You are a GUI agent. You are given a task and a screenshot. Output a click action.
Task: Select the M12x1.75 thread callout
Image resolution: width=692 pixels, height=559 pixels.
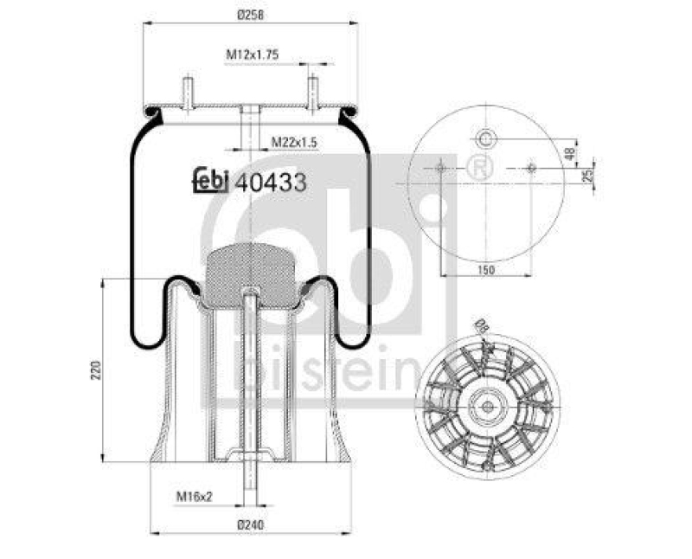click(252, 55)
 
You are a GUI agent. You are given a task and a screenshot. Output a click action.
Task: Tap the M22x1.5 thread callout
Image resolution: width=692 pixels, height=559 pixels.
click(292, 141)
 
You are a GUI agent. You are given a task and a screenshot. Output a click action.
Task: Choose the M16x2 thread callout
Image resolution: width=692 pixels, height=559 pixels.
click(194, 496)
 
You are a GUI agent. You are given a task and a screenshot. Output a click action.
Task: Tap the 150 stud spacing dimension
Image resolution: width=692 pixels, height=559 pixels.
click(486, 270)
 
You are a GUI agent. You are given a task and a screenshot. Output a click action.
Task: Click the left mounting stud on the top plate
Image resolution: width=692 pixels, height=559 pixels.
click(187, 92)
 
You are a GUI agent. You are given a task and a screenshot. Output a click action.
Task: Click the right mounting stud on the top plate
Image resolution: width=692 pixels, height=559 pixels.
click(312, 92)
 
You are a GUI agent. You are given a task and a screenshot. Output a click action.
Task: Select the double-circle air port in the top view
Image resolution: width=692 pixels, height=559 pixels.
click(486, 138)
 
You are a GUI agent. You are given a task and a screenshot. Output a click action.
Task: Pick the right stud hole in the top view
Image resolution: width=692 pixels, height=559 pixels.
click(531, 167)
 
